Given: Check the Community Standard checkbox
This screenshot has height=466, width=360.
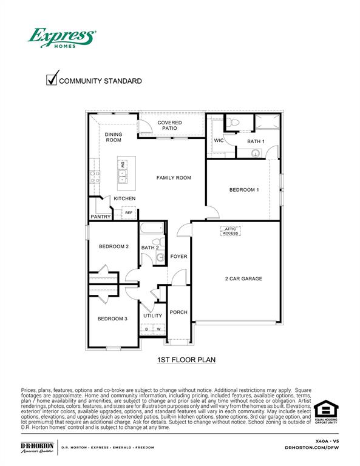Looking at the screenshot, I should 53,79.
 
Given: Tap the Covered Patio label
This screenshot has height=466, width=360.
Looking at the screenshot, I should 170,126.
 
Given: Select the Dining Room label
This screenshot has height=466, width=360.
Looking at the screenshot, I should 114,137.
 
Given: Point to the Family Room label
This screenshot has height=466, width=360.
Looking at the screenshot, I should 174,178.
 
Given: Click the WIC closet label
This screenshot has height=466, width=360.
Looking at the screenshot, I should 219,141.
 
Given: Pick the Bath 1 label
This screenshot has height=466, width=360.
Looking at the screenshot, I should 256,141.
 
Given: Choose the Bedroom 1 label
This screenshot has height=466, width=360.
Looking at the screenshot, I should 244,190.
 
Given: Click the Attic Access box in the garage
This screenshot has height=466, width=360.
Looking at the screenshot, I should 231,231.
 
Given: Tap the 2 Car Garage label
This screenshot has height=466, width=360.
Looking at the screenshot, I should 243,279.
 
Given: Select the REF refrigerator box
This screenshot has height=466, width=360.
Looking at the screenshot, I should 129,213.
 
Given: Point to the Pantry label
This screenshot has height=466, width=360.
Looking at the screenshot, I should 100,217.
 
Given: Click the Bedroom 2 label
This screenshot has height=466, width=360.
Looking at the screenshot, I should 114,246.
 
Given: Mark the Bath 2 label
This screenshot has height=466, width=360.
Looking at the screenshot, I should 150,248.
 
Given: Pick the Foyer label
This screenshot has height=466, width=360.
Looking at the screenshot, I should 178,256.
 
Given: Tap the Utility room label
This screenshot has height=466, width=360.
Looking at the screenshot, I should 152,316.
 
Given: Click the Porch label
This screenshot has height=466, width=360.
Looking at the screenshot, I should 178,312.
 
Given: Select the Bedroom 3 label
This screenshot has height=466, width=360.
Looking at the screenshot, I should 112,319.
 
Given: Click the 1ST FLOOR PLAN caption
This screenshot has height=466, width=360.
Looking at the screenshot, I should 186,360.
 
